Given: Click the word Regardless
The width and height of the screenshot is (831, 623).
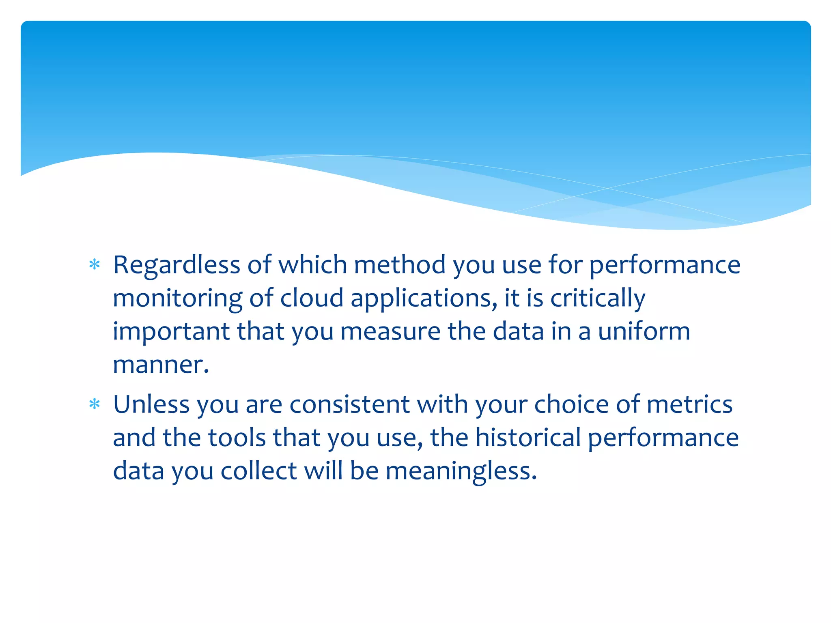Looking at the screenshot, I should click(177, 266).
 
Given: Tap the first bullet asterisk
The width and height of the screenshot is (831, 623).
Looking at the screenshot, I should click(95, 265).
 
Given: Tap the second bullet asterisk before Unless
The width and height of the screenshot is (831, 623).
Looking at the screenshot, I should click(95, 404).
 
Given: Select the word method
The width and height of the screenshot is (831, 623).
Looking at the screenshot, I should click(400, 265).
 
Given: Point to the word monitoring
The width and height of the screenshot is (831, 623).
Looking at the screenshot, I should click(177, 299).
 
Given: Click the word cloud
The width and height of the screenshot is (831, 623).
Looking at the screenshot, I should click(312, 298).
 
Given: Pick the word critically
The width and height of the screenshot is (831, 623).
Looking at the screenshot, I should click(598, 299).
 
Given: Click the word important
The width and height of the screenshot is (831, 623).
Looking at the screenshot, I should click(171, 332).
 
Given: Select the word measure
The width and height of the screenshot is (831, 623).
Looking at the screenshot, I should click(390, 332).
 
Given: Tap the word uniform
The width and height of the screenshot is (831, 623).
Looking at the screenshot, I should click(644, 331).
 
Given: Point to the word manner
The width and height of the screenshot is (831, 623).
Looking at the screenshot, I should click(161, 365).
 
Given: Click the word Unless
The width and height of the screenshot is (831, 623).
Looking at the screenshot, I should click(151, 404).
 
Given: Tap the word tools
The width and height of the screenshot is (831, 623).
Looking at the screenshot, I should click(237, 438).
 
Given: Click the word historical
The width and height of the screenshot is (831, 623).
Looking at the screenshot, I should click(528, 438).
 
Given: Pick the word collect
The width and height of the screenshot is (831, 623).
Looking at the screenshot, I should click(258, 471).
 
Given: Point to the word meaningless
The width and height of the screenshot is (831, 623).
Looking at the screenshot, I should click(461, 472).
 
